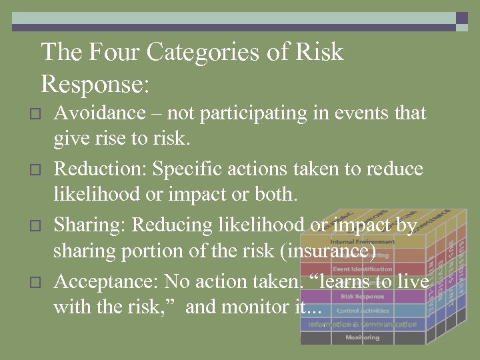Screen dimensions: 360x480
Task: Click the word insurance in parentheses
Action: click(327, 252)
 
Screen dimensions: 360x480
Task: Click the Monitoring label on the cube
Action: click(362, 338)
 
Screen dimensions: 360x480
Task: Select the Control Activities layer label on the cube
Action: click(362, 311)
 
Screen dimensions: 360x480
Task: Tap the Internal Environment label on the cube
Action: click(362, 241)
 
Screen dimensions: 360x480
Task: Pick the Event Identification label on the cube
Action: click(362, 269)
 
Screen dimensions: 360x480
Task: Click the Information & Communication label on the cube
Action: click(362, 325)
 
